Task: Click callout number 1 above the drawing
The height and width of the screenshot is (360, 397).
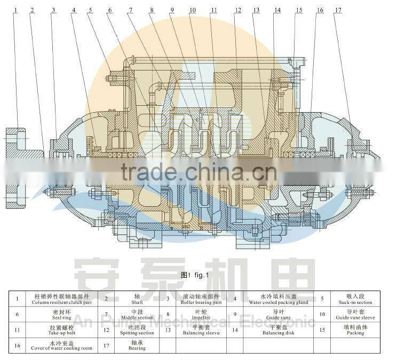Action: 17,10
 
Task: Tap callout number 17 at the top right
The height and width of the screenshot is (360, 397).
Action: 338,10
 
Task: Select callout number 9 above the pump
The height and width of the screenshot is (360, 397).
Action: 172,10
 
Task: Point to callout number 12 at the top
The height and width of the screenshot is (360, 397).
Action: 237,10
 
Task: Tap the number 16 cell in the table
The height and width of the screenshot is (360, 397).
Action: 18,346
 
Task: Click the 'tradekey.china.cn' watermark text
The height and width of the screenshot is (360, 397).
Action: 198,172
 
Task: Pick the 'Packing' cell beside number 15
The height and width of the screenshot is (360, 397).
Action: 355,330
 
